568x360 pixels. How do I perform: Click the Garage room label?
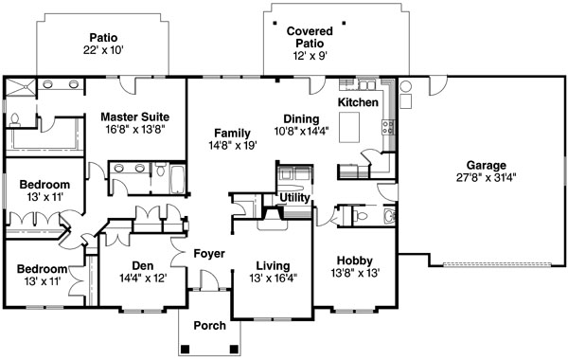pyautogui.click(x=487, y=166)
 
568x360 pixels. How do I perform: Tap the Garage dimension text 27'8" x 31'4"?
pyautogui.click(x=487, y=178)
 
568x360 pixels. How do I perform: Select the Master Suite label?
pyautogui.click(x=134, y=117)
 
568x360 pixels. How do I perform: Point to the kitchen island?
pyautogui.click(x=349, y=127)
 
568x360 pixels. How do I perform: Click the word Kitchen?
pyautogui.click(x=358, y=102)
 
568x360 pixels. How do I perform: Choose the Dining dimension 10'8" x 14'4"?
pyautogui.click(x=301, y=131)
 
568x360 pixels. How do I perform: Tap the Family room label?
pyautogui.click(x=232, y=133)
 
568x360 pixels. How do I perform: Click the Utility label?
pyautogui.click(x=294, y=198)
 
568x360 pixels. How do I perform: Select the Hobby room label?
pyautogui.click(x=355, y=261)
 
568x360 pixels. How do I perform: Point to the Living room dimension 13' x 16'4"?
pyautogui.click(x=274, y=279)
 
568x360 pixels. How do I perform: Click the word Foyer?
pyautogui.click(x=209, y=254)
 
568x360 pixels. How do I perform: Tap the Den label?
pyautogui.click(x=142, y=266)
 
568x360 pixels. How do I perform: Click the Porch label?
pyautogui.click(x=209, y=326)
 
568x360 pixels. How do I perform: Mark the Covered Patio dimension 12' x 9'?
pyautogui.click(x=311, y=56)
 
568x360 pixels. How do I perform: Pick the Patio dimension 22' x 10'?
pyautogui.click(x=103, y=50)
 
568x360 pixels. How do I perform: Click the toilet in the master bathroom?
pyautogui.click(x=15, y=120)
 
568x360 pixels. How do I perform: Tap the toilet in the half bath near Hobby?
pyautogui.click(x=361, y=217)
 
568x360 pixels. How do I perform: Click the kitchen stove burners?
pyautogui.click(x=388, y=128)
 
